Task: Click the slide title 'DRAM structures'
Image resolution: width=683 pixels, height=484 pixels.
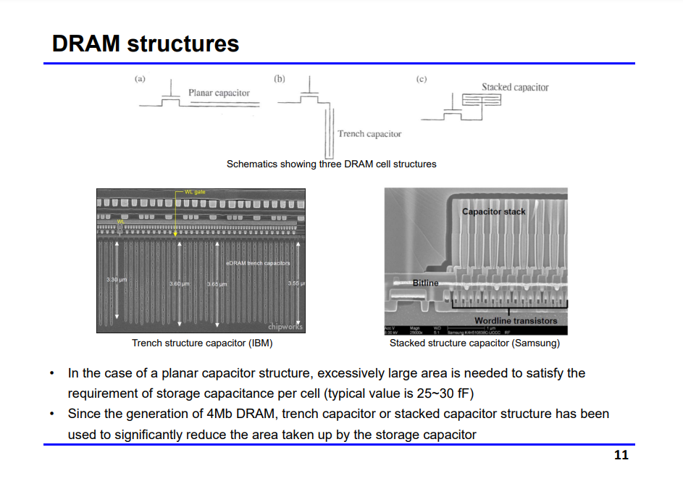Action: (x=146, y=43)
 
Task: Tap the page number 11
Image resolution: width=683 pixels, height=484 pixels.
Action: (x=621, y=455)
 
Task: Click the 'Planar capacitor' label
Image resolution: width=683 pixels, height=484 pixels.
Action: (x=219, y=93)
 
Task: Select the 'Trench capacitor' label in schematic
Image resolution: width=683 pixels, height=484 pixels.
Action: (x=369, y=134)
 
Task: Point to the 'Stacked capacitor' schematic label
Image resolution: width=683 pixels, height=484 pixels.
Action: (x=515, y=87)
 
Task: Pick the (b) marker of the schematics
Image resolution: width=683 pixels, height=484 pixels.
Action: (x=280, y=78)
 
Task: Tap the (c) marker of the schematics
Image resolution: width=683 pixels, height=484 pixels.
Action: (x=421, y=78)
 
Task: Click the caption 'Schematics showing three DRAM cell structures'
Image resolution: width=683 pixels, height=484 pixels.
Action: (x=331, y=164)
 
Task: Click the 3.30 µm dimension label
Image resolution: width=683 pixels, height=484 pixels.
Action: (x=117, y=279)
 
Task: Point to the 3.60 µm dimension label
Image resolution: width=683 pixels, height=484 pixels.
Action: (x=180, y=283)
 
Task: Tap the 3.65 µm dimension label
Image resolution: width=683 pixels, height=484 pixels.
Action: (x=217, y=284)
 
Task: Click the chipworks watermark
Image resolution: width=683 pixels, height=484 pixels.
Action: (x=285, y=327)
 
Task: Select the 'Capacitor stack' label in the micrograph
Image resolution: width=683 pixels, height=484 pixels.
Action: (x=493, y=212)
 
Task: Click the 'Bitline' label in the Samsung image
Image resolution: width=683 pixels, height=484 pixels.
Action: (x=426, y=283)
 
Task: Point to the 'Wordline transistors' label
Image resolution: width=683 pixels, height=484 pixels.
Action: (x=516, y=320)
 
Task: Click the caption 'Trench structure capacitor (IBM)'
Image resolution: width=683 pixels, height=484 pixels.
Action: (x=202, y=343)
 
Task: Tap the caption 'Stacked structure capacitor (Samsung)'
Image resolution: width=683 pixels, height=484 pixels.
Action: (x=474, y=343)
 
